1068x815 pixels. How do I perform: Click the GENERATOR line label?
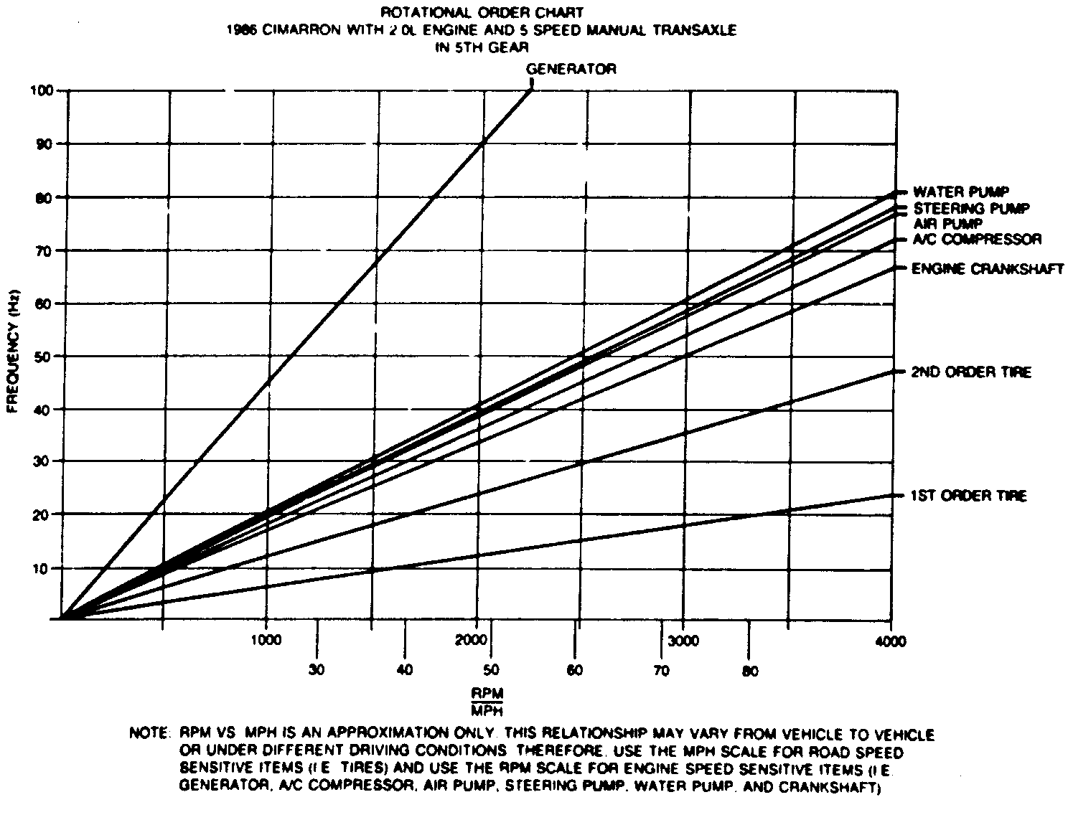pos(571,70)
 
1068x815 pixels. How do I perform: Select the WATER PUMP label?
pos(960,192)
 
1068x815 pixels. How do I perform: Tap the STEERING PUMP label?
pos(971,209)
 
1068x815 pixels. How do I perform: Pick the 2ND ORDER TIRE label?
pos(970,372)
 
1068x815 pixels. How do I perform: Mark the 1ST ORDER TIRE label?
pos(968,496)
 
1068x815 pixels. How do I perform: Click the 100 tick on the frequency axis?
pos(42,90)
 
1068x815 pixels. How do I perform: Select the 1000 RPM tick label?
pos(266,641)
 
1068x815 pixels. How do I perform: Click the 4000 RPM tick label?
pos(891,642)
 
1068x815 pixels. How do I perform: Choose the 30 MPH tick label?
pos(317,671)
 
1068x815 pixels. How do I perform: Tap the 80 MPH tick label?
pos(749,672)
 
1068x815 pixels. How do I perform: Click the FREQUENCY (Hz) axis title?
pos(12,356)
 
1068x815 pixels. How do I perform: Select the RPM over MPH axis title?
pos(488,702)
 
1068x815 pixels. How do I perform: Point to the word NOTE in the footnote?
pos(148,735)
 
